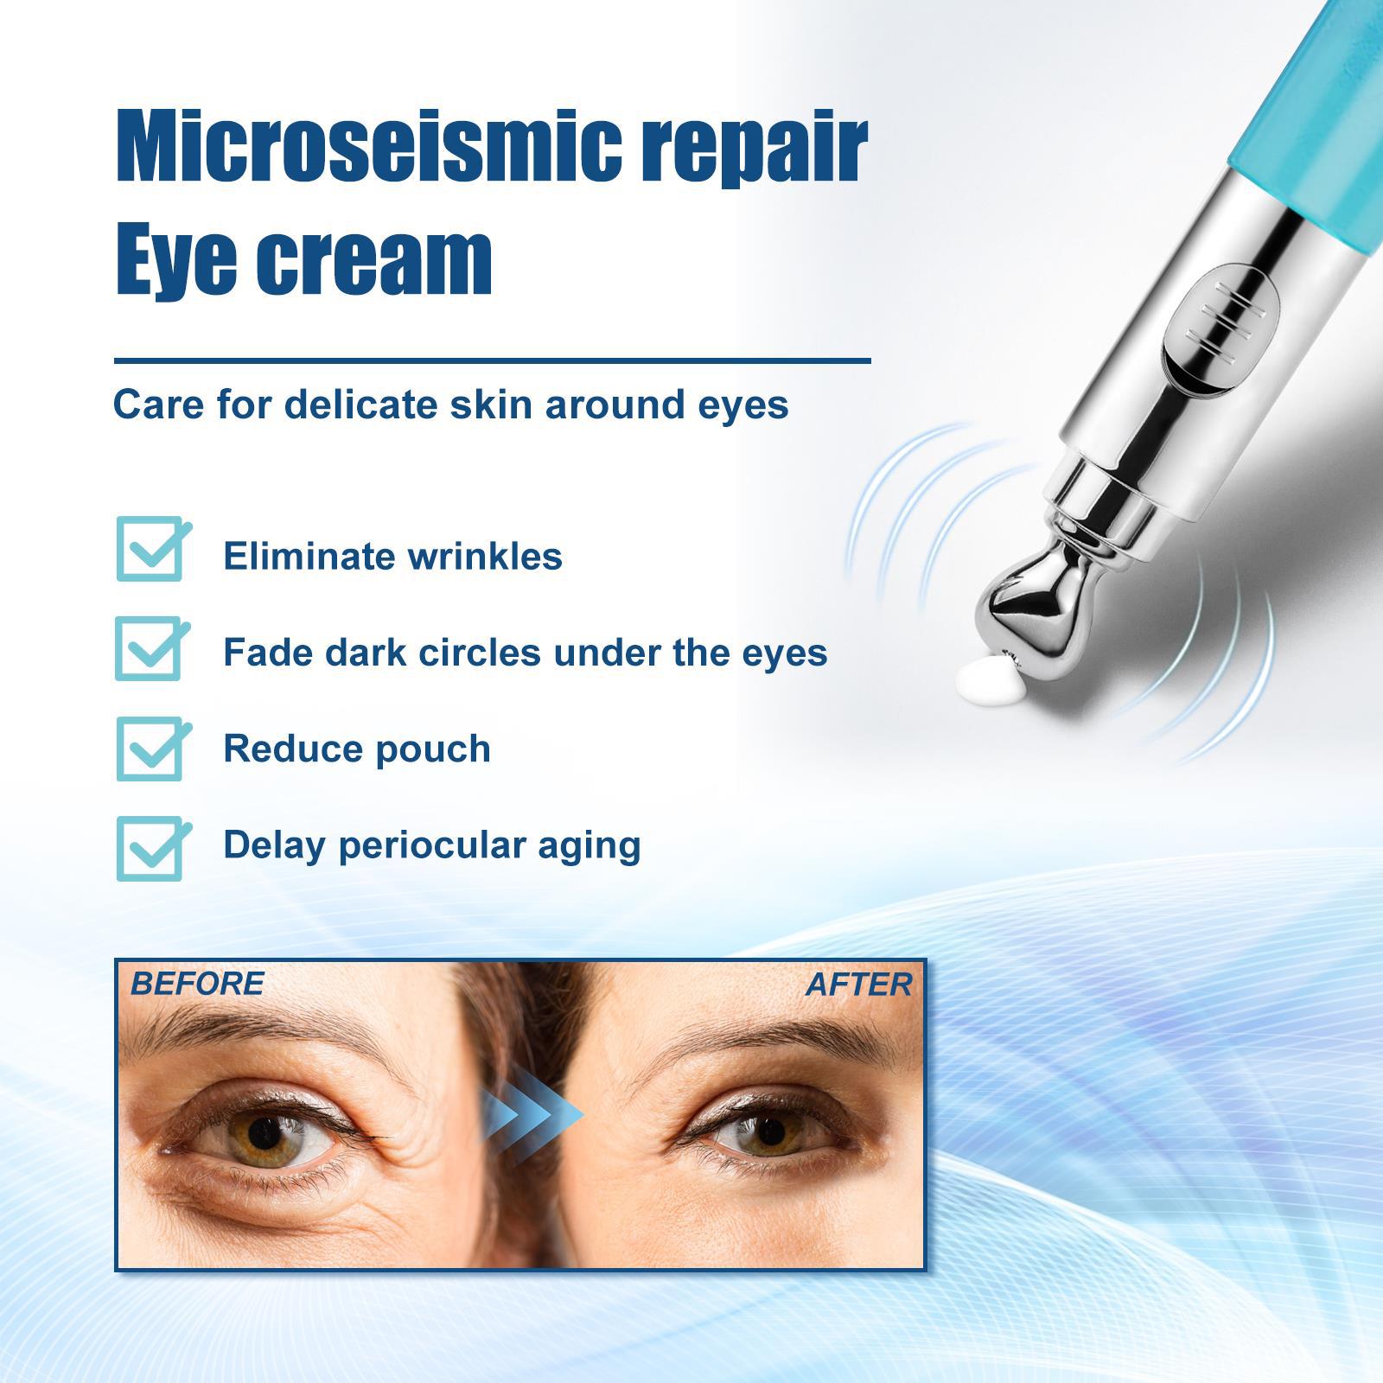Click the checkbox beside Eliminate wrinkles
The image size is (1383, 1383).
pyautogui.click(x=153, y=548)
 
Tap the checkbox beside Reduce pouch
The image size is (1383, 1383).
pyautogui.click(x=153, y=748)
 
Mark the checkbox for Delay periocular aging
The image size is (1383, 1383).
pyautogui.click(x=153, y=848)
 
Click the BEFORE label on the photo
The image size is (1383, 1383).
pyautogui.click(x=197, y=984)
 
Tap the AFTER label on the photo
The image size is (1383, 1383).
pyautogui.click(x=858, y=985)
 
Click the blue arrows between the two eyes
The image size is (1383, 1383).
pyautogui.click(x=532, y=1115)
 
